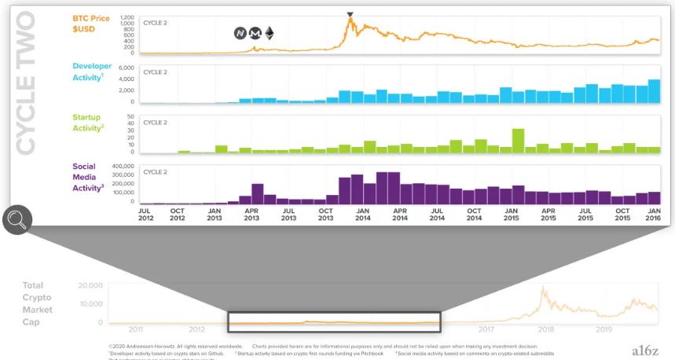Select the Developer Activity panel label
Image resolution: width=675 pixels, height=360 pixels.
pyautogui.click(x=92, y=72)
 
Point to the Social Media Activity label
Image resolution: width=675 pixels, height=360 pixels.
pyautogui.click(x=89, y=177)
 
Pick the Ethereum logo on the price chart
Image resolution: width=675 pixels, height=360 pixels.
pyautogui.click(x=270, y=33)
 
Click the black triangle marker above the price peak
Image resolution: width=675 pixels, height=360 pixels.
pyautogui.click(x=350, y=14)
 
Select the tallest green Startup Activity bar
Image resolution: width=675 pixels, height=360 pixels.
pyautogui.click(x=518, y=141)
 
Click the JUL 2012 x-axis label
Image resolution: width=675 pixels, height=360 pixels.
pyautogui.click(x=145, y=215)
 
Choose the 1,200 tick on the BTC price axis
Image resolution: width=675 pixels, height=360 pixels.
pyautogui.click(x=127, y=16)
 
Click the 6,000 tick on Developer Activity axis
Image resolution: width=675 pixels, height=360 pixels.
pyautogui.click(x=127, y=68)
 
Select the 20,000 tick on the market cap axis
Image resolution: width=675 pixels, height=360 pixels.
pyautogui.click(x=90, y=285)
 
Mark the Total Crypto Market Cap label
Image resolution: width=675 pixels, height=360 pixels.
pyautogui.click(x=38, y=303)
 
